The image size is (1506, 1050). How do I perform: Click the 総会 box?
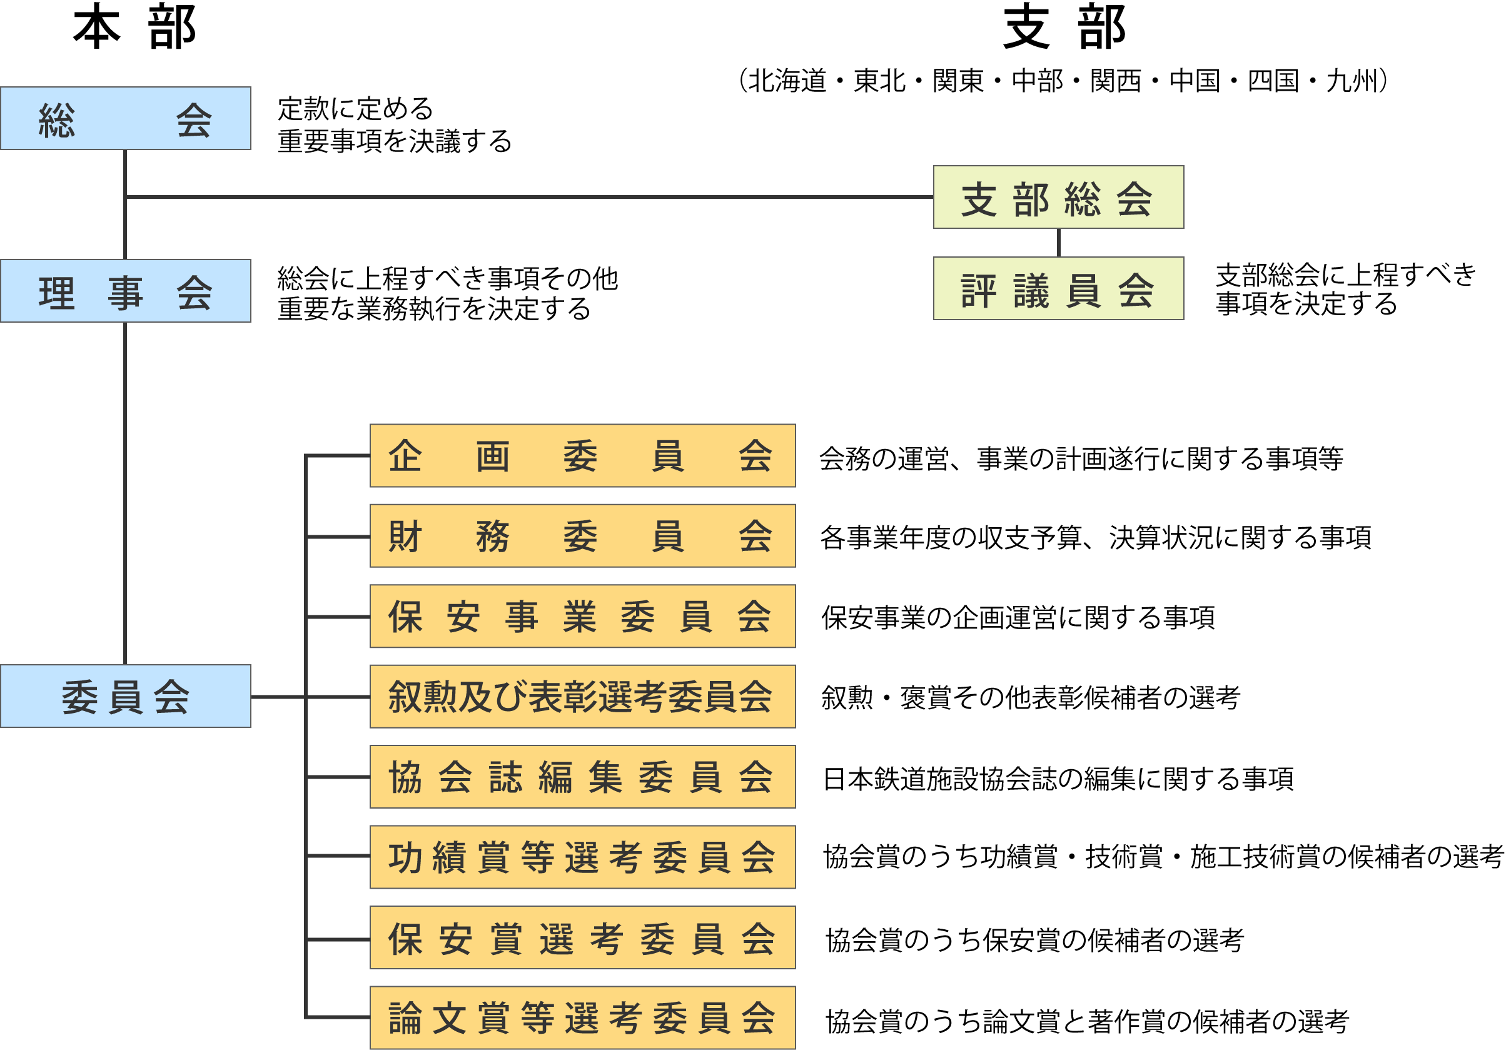tap(125, 119)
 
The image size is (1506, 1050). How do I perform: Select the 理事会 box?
tap(125, 291)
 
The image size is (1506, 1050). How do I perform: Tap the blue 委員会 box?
tap(125, 697)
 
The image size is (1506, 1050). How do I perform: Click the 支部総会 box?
tap(1058, 198)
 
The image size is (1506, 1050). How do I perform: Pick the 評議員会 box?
tap(1058, 288)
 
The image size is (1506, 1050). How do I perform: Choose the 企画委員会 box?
tap(582, 456)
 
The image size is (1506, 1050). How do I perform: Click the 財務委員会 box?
tap(582, 536)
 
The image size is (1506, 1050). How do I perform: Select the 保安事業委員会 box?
tap(582, 617)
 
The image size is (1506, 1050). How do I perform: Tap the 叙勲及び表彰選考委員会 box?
tap(582, 697)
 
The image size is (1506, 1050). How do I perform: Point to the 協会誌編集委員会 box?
tap(582, 777)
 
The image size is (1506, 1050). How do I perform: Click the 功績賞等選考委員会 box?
tap(582, 857)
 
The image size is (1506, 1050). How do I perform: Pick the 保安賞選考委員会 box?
tap(582, 938)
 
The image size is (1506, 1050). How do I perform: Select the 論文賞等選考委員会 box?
tap(582, 1018)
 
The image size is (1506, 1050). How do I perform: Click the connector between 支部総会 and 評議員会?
tap(1058, 243)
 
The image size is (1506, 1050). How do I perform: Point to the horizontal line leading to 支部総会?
tap(525, 197)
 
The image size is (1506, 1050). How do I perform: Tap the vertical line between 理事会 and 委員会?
tap(124, 492)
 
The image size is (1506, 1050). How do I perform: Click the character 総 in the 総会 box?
tap(57, 121)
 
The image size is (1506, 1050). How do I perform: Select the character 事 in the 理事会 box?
tap(125, 293)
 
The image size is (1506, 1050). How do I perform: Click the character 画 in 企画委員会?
tap(493, 457)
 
